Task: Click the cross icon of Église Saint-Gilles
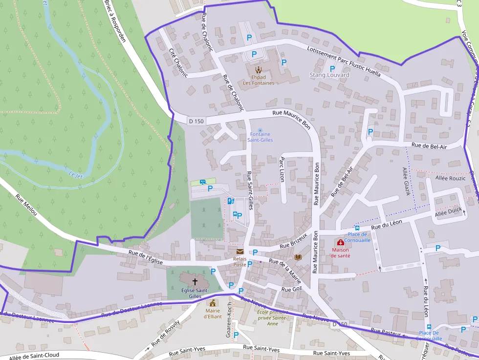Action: tap(195, 281)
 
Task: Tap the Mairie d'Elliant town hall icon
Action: tap(213, 303)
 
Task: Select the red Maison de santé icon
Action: tap(340, 242)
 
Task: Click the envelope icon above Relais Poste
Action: tap(239, 251)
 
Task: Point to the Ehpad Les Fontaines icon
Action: tap(258, 69)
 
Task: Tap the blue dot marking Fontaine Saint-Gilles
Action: tap(260, 129)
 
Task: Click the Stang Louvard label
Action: tap(329, 75)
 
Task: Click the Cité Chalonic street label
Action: tap(178, 63)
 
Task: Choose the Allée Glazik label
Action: tap(406, 181)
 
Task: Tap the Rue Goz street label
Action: tap(292, 289)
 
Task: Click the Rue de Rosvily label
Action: tap(166, 333)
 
